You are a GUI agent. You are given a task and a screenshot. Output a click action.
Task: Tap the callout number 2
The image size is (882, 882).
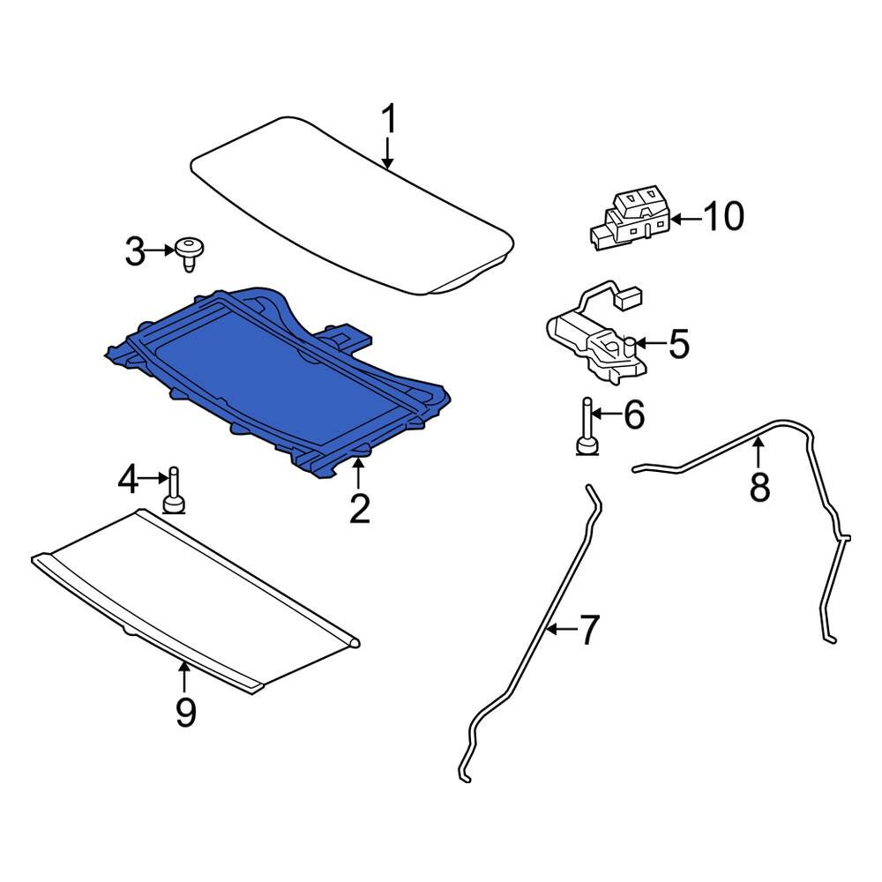pos(359,509)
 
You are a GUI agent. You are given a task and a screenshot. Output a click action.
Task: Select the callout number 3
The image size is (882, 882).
pos(134,253)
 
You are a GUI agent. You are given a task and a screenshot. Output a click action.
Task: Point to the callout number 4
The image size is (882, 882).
pos(129,481)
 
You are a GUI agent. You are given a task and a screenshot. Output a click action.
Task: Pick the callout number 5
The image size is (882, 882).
pos(678,344)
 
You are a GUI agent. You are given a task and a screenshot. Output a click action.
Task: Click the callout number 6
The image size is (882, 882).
pos(634,415)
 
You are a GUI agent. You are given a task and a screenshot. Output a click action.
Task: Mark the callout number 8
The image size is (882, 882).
pos(759,486)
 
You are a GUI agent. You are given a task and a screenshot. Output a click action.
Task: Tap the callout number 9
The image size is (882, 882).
pos(185,712)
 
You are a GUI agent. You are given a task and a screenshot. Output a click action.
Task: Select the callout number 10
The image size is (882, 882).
pos(723,216)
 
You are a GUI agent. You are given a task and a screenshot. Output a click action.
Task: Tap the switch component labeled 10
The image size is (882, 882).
pos(628,218)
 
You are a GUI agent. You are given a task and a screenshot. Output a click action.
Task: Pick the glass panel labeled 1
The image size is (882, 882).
pos(353,203)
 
